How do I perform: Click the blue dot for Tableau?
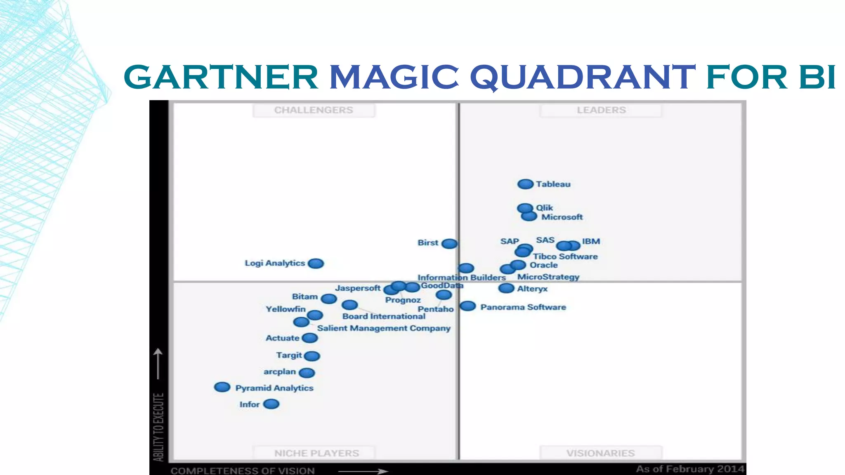(x=525, y=184)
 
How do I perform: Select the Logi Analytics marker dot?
(x=316, y=263)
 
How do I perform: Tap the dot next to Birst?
(x=449, y=244)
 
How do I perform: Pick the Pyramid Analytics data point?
(x=222, y=387)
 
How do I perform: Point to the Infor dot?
(x=271, y=404)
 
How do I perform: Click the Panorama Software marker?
(x=468, y=306)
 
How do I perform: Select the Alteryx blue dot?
(x=506, y=288)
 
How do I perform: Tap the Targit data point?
(x=312, y=355)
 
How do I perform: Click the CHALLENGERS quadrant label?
(x=314, y=110)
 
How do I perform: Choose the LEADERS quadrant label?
(x=601, y=110)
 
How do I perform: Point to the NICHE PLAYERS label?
(x=316, y=453)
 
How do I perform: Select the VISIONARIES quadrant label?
(x=600, y=453)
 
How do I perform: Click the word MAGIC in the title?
(x=394, y=77)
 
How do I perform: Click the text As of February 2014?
(x=690, y=469)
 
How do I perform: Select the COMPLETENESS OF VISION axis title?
(x=243, y=470)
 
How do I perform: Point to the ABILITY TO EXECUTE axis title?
(x=158, y=427)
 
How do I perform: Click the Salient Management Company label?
(x=384, y=328)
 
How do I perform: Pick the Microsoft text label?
(x=562, y=217)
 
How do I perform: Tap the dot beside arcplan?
(x=307, y=373)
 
